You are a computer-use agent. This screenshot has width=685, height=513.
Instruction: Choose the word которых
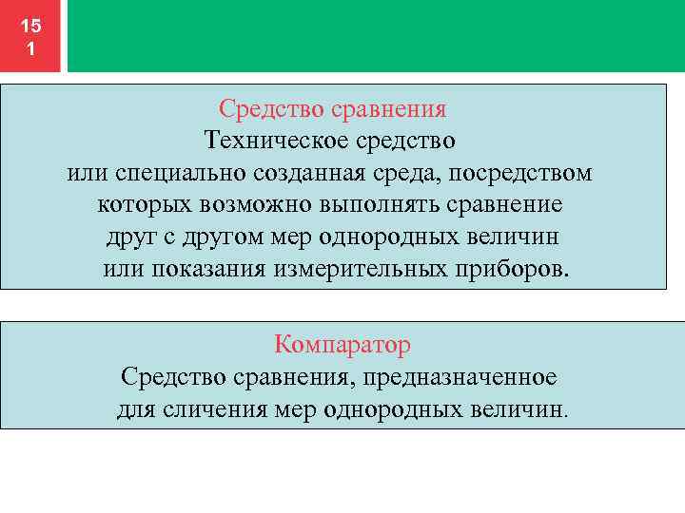(145, 205)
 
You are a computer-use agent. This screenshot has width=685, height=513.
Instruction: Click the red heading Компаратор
(342, 344)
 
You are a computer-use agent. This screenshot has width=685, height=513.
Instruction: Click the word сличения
(207, 409)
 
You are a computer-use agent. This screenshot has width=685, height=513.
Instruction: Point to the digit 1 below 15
(30, 48)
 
